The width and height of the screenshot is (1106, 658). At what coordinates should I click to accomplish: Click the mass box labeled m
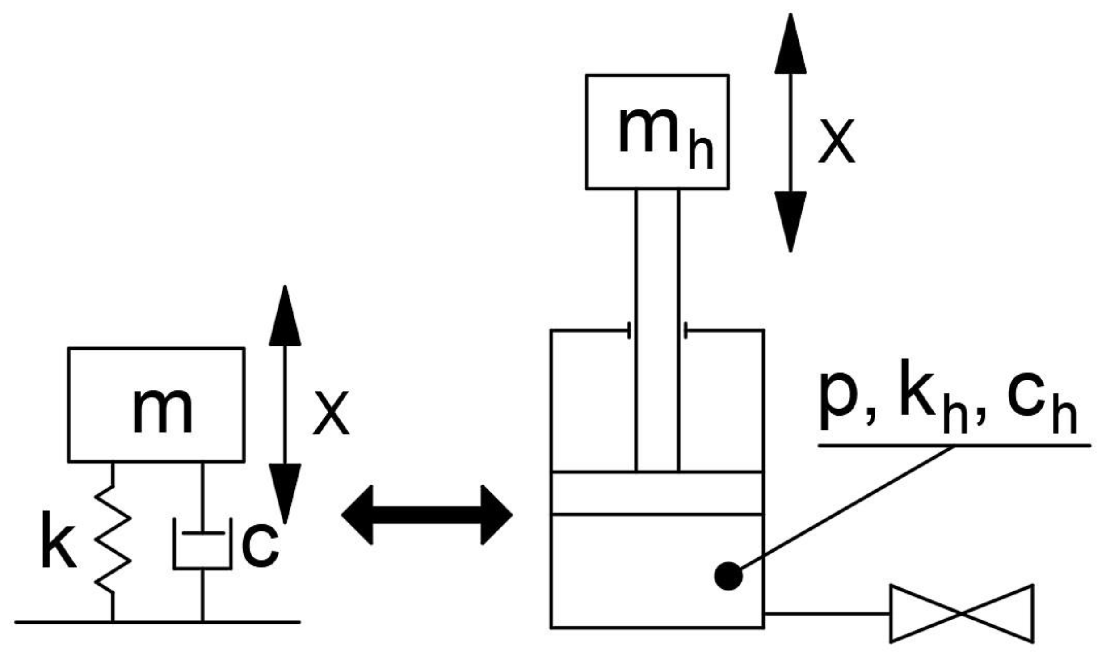[156, 405]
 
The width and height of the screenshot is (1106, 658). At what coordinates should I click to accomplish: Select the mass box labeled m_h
[657, 132]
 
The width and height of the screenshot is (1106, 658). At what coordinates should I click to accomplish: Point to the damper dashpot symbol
[202, 545]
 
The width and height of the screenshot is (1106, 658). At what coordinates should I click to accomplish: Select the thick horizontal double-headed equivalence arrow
[427, 515]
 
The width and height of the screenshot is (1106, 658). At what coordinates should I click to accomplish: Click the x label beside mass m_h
[836, 141]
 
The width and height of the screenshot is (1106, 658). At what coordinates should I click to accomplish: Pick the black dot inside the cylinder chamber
[728, 576]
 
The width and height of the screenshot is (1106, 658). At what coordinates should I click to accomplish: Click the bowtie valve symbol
[961, 613]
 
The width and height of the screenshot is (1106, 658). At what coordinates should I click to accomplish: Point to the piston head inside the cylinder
[657, 493]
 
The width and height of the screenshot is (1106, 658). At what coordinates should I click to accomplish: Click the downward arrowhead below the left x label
[285, 492]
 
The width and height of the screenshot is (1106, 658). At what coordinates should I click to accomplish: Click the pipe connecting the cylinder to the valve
[827, 613]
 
